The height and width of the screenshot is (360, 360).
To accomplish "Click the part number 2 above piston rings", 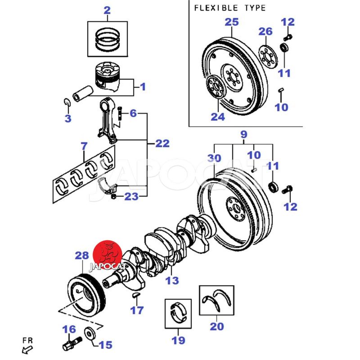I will pyautogui.click(x=107, y=10).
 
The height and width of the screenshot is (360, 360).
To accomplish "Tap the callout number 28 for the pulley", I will pyautogui.click(x=82, y=256).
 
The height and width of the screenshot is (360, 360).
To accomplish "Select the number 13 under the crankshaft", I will pyautogui.click(x=171, y=281).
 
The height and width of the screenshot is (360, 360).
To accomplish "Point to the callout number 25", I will pyautogui.click(x=231, y=22).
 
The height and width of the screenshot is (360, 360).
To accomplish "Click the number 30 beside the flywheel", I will pyautogui.click(x=215, y=158).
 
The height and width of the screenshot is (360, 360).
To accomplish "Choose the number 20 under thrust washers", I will pyautogui.click(x=216, y=326).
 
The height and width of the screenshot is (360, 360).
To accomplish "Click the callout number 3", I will pyautogui.click(x=67, y=119).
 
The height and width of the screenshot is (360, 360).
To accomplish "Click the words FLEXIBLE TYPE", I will pyautogui.click(x=229, y=8).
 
